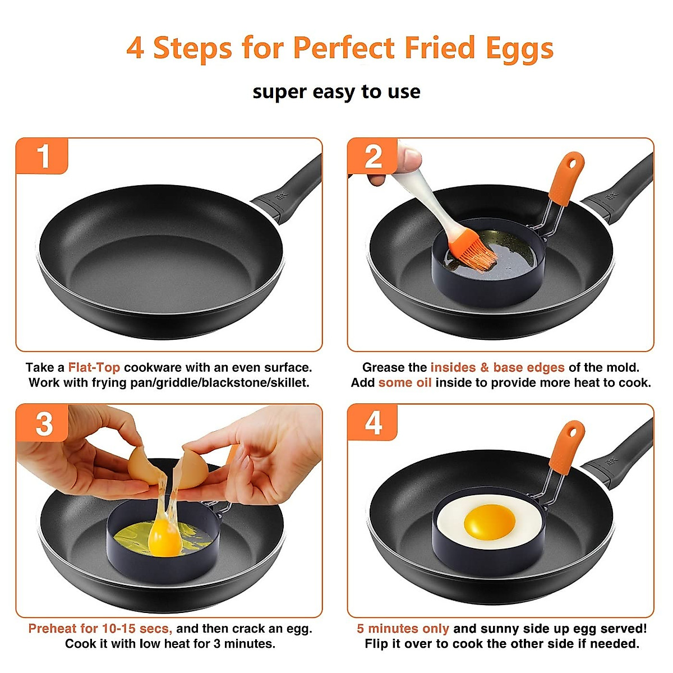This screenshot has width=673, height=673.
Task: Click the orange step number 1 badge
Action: coord(43,156)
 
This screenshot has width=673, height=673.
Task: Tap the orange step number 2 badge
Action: coord(373,156)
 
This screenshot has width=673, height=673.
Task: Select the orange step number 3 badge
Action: coord(43,423)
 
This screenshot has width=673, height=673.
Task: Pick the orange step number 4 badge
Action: coord(373,423)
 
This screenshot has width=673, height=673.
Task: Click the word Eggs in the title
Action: coord(519,49)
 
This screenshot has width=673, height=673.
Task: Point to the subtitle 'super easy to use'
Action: coord(336,91)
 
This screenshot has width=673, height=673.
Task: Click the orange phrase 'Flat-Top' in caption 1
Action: coord(94,368)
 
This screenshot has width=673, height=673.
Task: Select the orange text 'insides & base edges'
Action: coord(497,368)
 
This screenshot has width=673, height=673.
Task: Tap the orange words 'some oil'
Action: coord(405,383)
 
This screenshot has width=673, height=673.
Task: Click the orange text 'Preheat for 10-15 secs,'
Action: coord(100,629)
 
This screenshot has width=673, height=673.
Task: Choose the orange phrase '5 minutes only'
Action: coord(403,629)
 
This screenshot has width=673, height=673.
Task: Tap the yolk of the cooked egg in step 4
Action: coord(489,519)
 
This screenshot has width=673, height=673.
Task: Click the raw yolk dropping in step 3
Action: coord(165,537)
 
